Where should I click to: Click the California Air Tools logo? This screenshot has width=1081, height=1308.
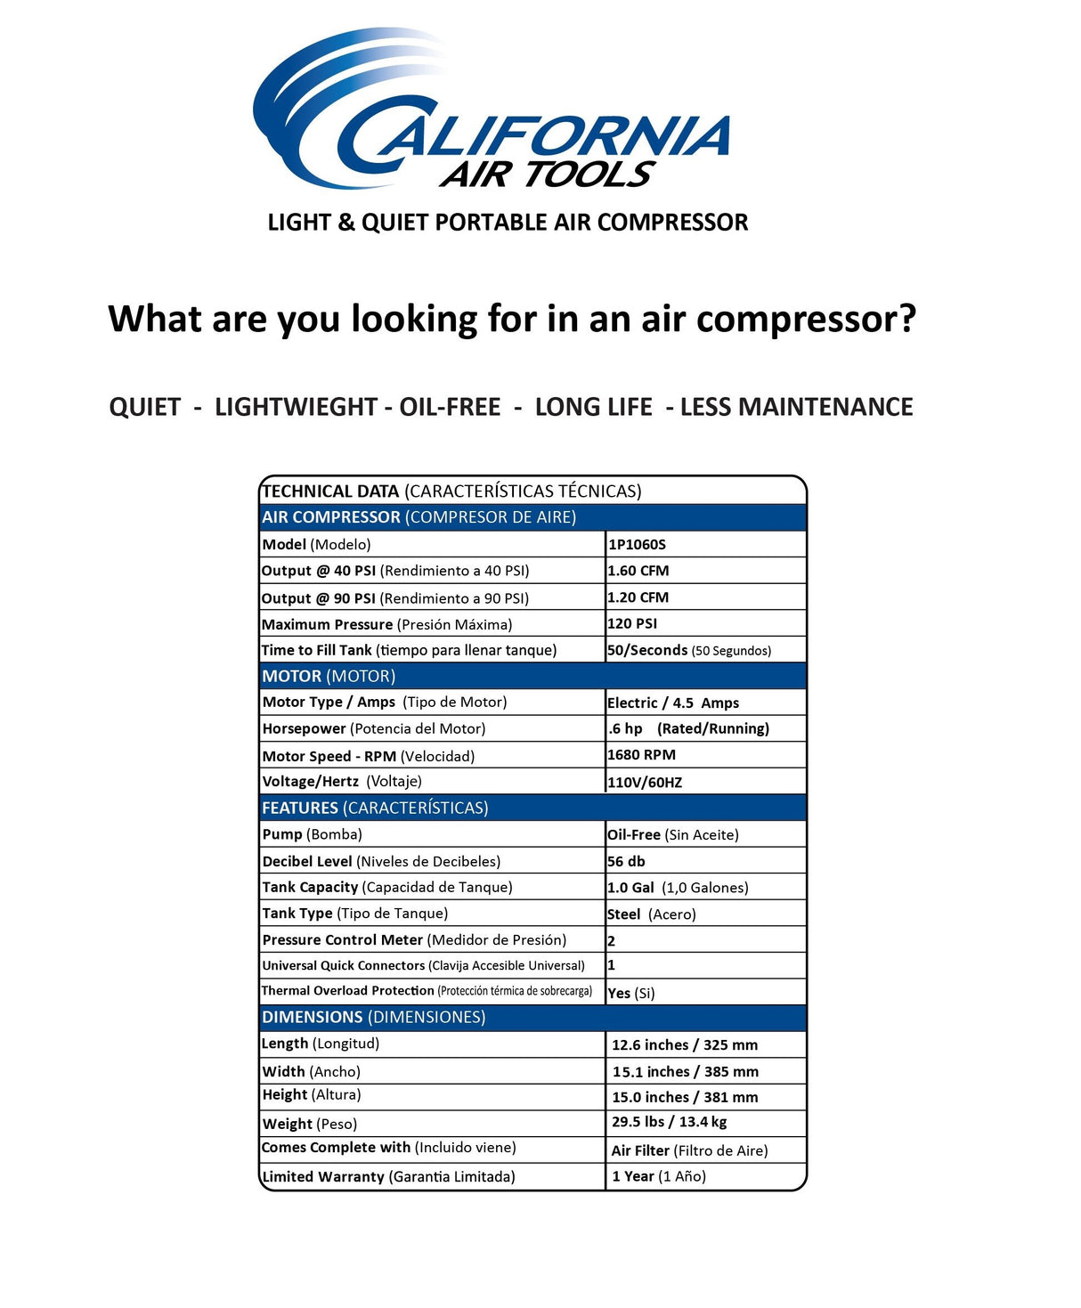(x=492, y=111)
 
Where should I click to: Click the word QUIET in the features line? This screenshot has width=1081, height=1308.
(x=145, y=407)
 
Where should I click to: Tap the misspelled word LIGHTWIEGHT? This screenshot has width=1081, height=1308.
(x=296, y=407)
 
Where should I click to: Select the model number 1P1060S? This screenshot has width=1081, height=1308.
(x=637, y=544)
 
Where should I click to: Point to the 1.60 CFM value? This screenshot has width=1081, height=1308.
(x=638, y=571)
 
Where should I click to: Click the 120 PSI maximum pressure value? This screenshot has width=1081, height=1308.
(x=632, y=623)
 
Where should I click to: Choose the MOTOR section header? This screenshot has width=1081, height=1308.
(x=329, y=676)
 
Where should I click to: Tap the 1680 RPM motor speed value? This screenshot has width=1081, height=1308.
(x=641, y=755)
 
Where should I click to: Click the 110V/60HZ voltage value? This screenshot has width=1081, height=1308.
(x=645, y=782)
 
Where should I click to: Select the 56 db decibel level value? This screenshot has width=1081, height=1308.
(x=626, y=861)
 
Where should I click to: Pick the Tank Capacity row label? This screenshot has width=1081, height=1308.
(x=387, y=887)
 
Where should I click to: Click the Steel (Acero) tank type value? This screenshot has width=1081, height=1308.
(x=651, y=914)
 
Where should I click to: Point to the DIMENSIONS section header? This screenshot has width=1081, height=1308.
(x=373, y=1017)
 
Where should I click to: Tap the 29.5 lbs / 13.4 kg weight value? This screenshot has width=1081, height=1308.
(x=669, y=1122)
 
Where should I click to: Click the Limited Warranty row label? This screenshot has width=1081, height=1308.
(x=388, y=1176)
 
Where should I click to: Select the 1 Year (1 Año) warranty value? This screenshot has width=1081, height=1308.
(x=659, y=1176)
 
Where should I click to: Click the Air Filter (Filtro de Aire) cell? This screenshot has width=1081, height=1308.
(x=689, y=1150)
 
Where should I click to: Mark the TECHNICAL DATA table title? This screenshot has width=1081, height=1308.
(x=451, y=491)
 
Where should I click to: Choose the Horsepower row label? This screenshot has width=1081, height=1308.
(x=374, y=728)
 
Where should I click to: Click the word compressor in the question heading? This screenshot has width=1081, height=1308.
(x=806, y=319)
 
